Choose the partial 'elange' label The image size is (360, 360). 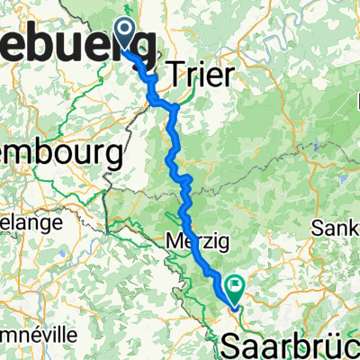(x=31, y=222)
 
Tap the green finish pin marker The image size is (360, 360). (x=235, y=289)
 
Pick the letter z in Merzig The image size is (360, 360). (x=194, y=241)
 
